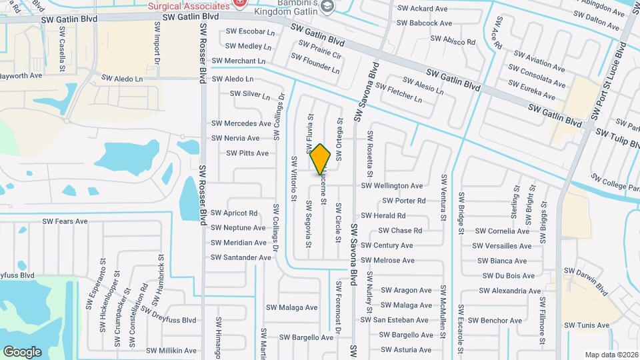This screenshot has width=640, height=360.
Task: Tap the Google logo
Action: coord(22,351)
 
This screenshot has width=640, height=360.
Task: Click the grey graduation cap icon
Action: coord(327,6)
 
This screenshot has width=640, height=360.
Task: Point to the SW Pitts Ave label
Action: coord(247,153)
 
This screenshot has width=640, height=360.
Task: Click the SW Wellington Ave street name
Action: coord(392,186)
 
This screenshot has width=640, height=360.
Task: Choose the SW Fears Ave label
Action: coord(65,221)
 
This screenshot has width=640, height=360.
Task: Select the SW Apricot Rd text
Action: coord(234,213)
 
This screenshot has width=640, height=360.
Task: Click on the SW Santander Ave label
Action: coord(241,257)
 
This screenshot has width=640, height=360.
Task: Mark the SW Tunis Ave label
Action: coord(587,325)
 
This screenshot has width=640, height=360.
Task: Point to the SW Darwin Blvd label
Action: coord(586,280)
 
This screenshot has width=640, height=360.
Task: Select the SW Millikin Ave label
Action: coord(171,351)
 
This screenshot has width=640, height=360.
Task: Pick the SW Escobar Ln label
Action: coord(250,31)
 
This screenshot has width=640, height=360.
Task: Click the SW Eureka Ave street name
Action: coord(531,90)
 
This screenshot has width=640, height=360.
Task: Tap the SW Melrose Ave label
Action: coord(387,261)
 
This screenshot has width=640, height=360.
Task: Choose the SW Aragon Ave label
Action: coord(406,290)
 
